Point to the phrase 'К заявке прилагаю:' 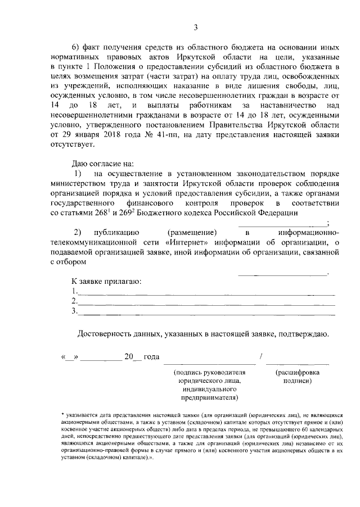pyautogui.click(x=105, y=281)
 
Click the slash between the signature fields pyautogui.click(x=260, y=357)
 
